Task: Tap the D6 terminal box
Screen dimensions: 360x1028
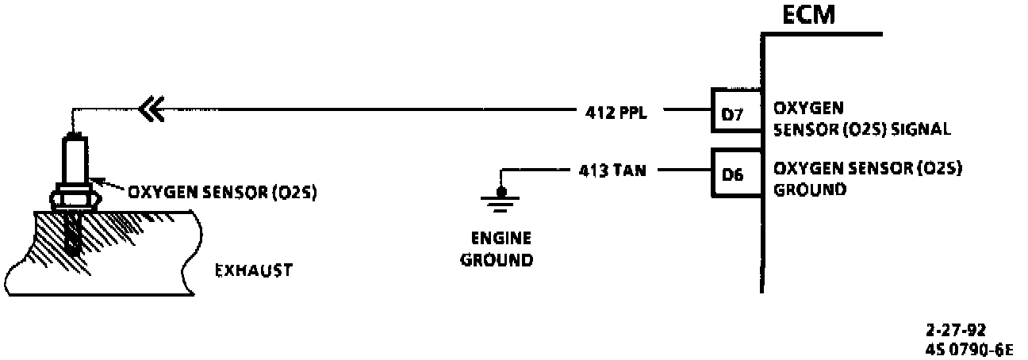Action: click(735, 173)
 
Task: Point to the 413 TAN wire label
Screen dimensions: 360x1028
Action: click(611, 170)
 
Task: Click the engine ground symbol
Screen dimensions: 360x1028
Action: click(500, 198)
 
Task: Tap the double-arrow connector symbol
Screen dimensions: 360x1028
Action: click(151, 109)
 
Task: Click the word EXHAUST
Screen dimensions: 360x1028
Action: click(254, 271)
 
